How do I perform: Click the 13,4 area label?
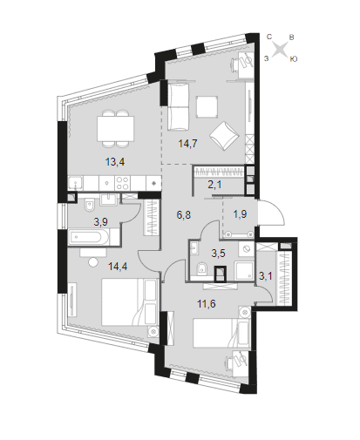115,162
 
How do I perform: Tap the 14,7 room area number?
187,144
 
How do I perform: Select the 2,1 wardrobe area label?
214,184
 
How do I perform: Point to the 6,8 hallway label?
184,215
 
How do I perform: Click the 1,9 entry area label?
240,214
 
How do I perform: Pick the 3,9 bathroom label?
100,222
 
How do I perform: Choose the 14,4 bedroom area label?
118,266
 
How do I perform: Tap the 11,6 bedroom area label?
207,304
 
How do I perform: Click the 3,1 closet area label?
266,275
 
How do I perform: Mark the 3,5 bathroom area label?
218,254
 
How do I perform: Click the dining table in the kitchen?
116,128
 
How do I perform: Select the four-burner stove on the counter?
122,183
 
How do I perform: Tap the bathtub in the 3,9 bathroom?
89,238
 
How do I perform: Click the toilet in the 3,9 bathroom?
89,205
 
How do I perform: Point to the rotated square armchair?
224,136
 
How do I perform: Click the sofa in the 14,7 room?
179,106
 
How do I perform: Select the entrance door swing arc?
276,211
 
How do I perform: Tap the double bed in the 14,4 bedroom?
130,302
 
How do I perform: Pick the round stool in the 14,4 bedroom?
93,262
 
